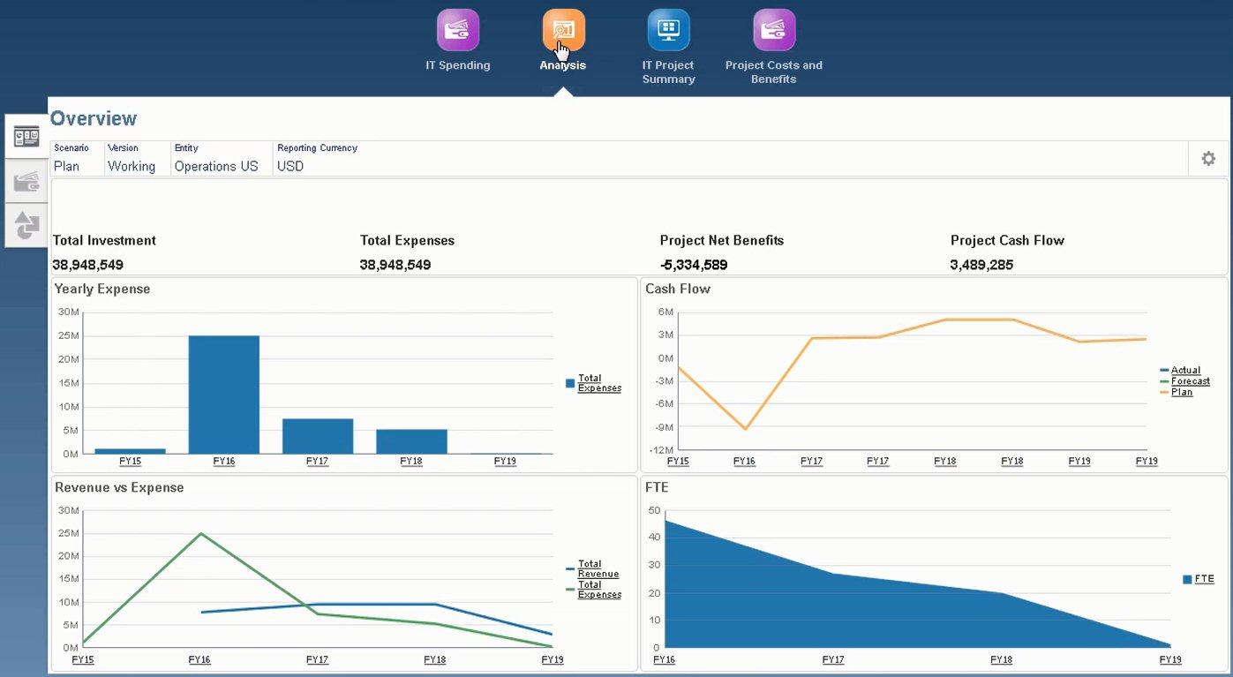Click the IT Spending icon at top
tap(457, 30)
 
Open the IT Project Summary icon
tap(668, 30)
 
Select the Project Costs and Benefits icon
tap(774, 30)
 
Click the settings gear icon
tap(1208, 159)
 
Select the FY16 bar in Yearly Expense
tap(224, 395)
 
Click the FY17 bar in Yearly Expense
tap(318, 436)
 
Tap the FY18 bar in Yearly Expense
tap(411, 441)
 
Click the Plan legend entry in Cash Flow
tap(1181, 392)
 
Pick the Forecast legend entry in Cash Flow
tap(1190, 381)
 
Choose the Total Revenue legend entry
tap(598, 569)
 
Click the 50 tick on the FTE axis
tap(654, 510)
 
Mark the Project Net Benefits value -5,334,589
tap(694, 265)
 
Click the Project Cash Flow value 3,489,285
tap(981, 265)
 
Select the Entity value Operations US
tap(216, 166)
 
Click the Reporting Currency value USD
tap(290, 166)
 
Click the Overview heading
tap(94, 118)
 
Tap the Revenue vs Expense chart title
tap(119, 487)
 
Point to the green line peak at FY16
tap(200, 533)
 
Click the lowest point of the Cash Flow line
tap(746, 429)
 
